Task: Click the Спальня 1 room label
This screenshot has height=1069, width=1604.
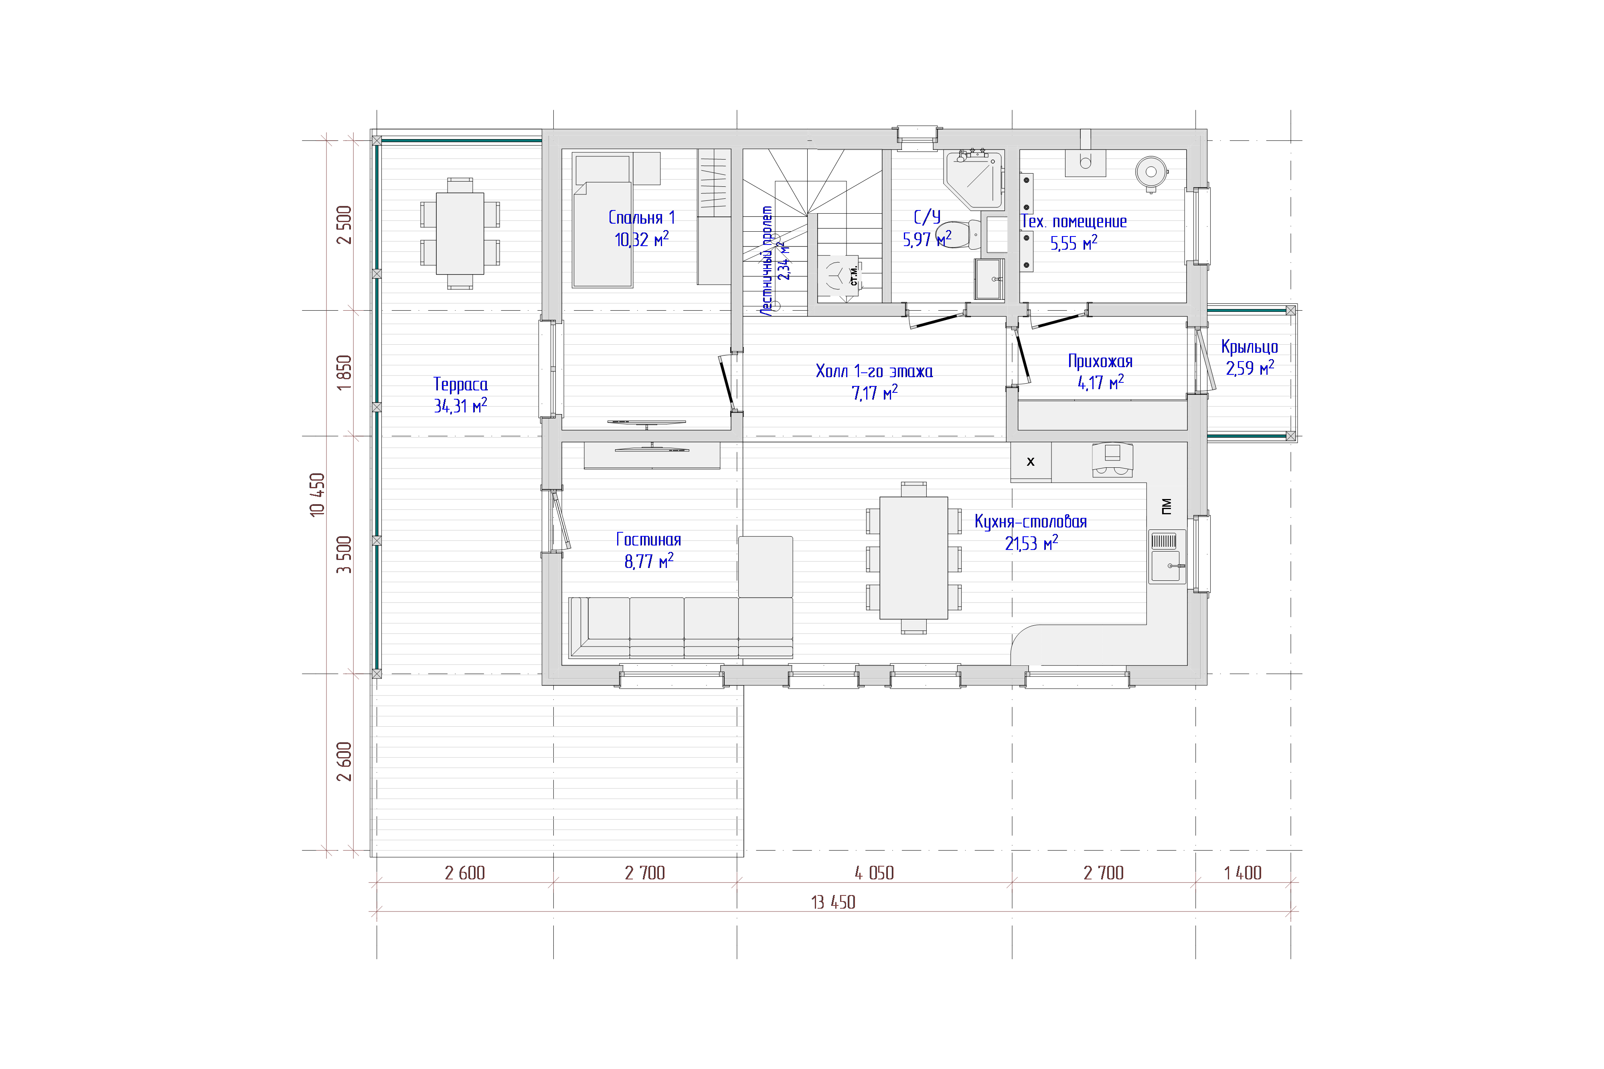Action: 641,218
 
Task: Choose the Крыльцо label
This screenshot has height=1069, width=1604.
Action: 1250,347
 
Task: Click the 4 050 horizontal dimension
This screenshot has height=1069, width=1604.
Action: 874,873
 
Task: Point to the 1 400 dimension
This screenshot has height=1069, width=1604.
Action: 1243,873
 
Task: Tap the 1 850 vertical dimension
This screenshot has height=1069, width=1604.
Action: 344,372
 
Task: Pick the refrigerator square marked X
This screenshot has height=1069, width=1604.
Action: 1031,462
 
